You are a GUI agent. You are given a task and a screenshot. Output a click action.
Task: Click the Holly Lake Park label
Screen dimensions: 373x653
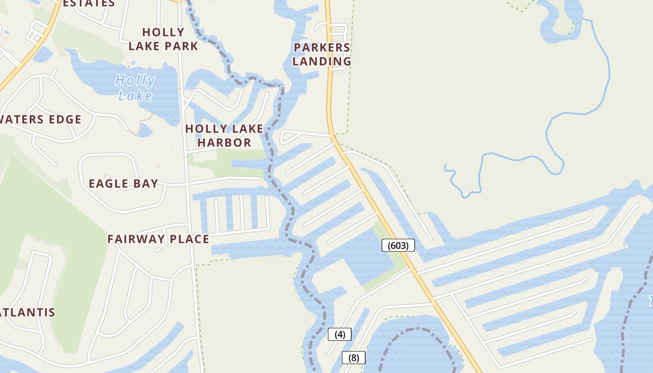click(163, 39)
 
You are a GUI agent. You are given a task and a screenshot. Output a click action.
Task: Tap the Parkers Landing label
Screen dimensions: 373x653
click(322, 54)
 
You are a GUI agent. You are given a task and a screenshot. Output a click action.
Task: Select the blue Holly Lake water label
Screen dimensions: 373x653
click(135, 88)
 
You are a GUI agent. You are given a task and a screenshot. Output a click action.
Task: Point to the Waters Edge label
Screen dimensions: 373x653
click(40, 119)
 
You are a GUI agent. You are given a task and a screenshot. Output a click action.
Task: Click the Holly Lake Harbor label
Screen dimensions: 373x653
click(224, 135)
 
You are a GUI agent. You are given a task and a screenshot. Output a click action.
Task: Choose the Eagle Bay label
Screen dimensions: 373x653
click(124, 183)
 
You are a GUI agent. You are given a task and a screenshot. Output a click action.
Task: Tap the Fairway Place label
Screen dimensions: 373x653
click(158, 239)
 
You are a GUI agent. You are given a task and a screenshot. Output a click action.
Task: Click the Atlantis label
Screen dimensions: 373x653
click(28, 312)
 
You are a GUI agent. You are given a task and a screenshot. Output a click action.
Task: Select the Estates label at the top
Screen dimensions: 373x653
click(89, 3)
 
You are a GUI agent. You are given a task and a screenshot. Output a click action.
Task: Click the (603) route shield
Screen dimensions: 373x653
click(398, 245)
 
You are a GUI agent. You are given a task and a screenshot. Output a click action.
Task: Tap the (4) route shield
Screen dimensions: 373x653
click(340, 334)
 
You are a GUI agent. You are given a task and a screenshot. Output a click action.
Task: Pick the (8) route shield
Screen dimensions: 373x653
click(354, 358)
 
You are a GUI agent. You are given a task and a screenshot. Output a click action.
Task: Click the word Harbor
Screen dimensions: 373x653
click(224, 142)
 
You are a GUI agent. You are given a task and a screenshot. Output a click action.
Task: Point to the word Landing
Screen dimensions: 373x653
click(322, 61)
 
